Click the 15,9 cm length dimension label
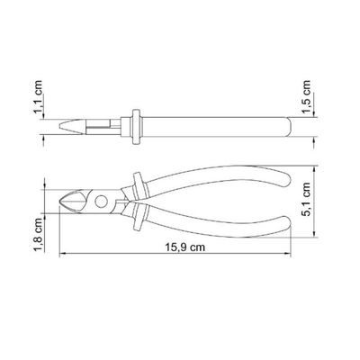point(185,247)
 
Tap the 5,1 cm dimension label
point(307,199)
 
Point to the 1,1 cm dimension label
point(38,97)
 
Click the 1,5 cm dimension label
point(307,97)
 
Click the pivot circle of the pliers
point(101,202)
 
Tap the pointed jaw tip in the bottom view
point(61,202)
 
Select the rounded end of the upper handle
point(286,177)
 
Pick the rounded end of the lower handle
point(285,226)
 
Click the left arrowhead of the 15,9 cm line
point(62,255)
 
